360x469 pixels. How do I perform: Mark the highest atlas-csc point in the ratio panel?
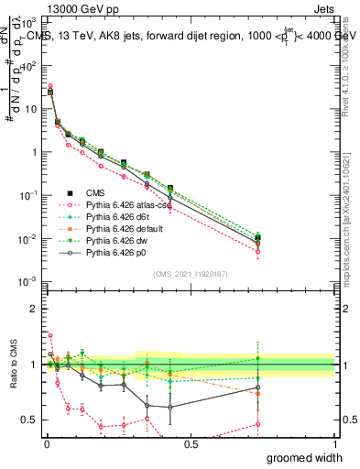[x=50, y=335]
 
